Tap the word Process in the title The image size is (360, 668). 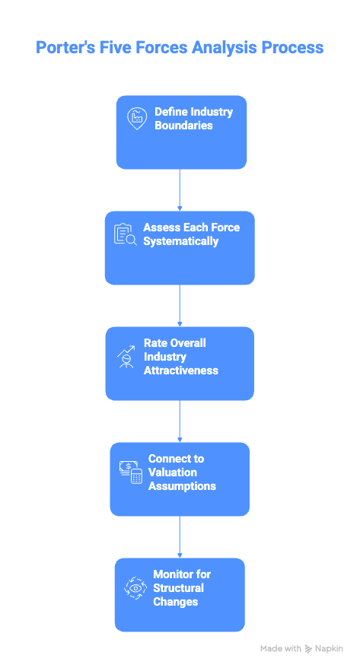[292, 48]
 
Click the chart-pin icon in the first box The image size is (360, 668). [137, 118]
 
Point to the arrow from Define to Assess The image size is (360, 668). [180, 189]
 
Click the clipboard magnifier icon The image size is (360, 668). [125, 234]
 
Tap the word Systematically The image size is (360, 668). [180, 242]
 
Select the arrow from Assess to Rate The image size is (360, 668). [180, 305]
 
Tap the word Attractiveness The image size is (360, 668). [180, 371]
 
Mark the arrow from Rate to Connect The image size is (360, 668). [180, 421]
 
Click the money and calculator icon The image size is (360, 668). [131, 472]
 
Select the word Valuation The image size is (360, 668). [173, 472]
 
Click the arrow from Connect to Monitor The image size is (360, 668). [180, 536]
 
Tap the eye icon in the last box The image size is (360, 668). [135, 588]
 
